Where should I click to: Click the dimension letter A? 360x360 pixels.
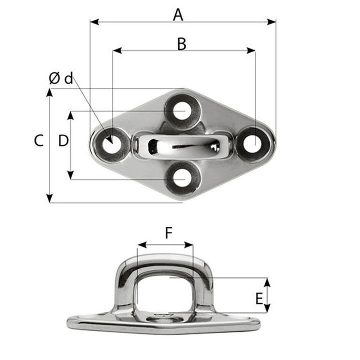(x=178, y=15)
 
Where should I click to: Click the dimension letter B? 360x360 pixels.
(x=181, y=44)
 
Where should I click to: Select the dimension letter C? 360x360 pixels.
(x=38, y=141)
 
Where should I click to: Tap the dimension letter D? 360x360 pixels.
(x=63, y=141)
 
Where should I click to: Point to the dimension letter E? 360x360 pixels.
(x=259, y=299)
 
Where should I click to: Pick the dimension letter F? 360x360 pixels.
(x=168, y=232)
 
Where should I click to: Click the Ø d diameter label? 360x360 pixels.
(x=61, y=78)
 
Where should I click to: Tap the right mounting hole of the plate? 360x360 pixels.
(x=253, y=143)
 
